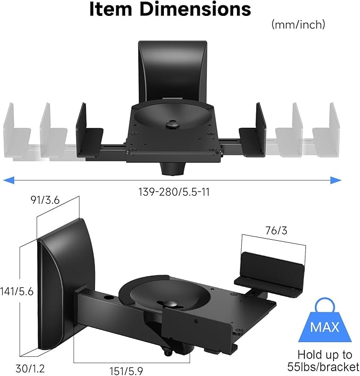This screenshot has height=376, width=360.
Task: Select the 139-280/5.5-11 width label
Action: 172,192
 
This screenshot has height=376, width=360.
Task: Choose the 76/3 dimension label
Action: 273,230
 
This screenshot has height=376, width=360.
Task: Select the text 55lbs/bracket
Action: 328,366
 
